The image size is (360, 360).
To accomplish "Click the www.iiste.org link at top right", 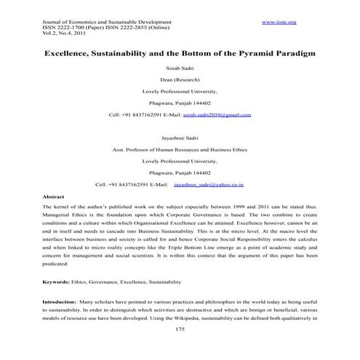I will point(281,23).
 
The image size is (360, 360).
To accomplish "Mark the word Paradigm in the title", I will point(291,54).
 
